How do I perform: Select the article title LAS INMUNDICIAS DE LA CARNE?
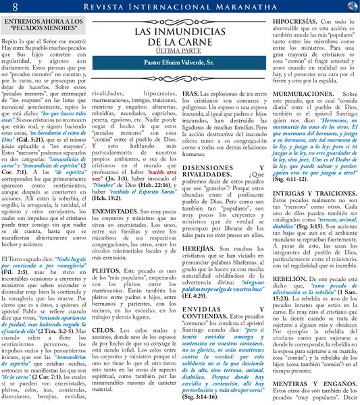(x=180, y=37)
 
